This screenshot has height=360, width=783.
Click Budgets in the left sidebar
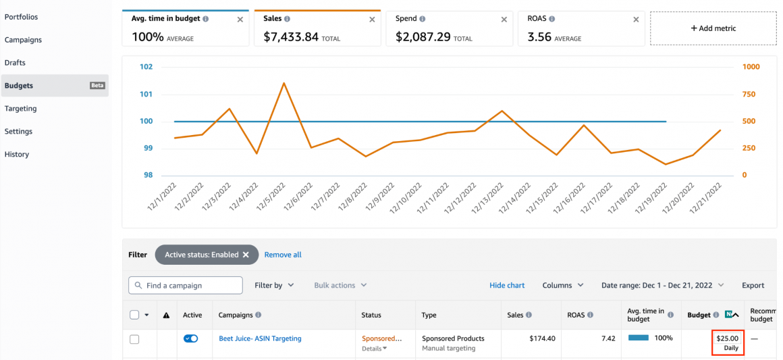pyautogui.click(x=19, y=86)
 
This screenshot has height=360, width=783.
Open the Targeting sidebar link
pyautogui.click(x=21, y=109)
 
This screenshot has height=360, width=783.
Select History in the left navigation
pyautogui.click(x=17, y=155)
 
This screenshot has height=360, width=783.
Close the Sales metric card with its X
pyautogui.click(x=372, y=20)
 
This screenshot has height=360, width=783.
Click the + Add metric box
pyautogui.click(x=713, y=28)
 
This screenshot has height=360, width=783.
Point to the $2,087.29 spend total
pyautogui.click(x=423, y=37)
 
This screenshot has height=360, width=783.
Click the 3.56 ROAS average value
pyautogui.click(x=539, y=37)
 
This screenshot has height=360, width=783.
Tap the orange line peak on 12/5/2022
pyautogui.click(x=283, y=83)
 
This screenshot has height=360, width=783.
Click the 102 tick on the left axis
pyautogui.click(x=146, y=67)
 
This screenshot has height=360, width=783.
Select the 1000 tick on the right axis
pyautogui.click(x=751, y=67)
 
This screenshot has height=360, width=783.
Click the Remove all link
pyautogui.click(x=283, y=255)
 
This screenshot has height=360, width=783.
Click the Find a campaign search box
pyautogui.click(x=186, y=286)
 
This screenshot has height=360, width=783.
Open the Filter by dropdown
pyautogui.click(x=274, y=286)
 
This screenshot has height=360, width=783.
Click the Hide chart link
pyautogui.click(x=507, y=286)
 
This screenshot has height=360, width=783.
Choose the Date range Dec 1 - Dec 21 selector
pyautogui.click(x=662, y=286)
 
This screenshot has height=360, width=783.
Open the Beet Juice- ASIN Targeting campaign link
pyautogui.click(x=260, y=338)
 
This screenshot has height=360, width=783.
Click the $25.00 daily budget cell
pyautogui.click(x=728, y=342)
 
